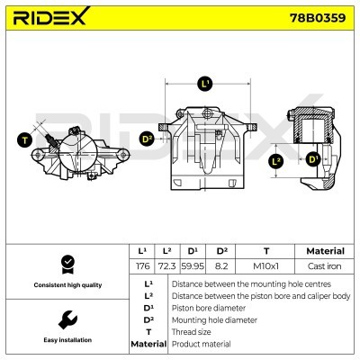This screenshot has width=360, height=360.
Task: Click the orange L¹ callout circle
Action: point(204,84)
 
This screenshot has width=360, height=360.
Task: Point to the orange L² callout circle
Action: point(277,161)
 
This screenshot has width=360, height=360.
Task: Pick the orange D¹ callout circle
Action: point(312,160)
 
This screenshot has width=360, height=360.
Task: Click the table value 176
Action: point(141,267)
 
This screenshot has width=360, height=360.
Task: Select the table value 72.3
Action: point(166,267)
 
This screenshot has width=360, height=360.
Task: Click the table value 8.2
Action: point(221,267)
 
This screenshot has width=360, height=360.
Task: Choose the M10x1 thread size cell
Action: point(265,267)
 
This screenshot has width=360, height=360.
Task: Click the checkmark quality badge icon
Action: point(65,264)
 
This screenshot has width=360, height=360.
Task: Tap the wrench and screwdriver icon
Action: point(65,319)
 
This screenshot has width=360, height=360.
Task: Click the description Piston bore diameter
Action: point(209,307)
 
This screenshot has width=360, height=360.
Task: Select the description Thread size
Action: point(193,331)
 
